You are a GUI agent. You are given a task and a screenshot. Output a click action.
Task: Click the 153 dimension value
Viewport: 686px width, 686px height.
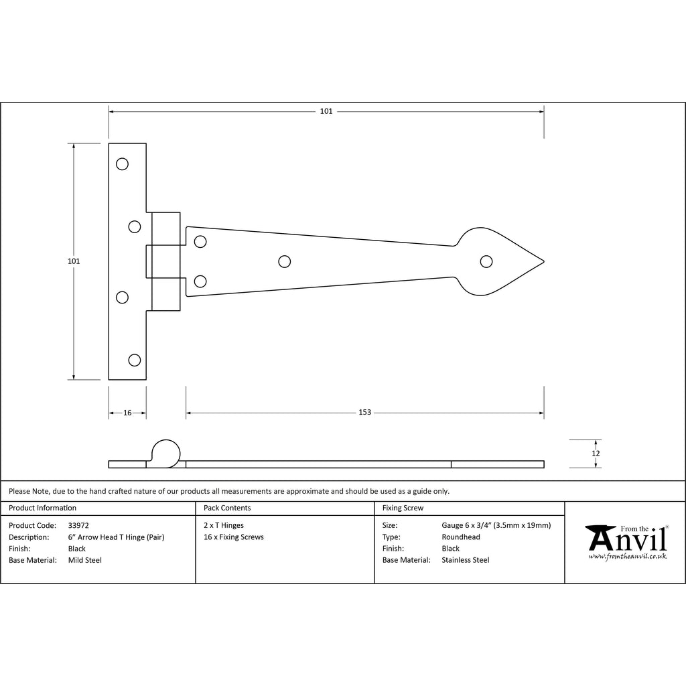[364, 412]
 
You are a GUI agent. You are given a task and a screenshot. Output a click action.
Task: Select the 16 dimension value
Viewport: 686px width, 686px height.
[127, 413]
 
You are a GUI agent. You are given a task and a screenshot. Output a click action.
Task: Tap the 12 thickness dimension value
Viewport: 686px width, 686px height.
[596, 454]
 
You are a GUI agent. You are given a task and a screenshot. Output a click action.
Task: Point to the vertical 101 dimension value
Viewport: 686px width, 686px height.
[74, 261]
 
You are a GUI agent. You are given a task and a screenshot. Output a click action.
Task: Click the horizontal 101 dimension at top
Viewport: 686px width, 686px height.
[326, 111]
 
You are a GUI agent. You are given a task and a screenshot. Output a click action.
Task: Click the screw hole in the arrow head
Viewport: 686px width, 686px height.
[486, 262]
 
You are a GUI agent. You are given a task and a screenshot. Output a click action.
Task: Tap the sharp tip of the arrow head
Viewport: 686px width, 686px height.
[544, 262]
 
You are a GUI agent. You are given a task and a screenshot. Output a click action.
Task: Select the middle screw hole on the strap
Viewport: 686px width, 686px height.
[284, 262]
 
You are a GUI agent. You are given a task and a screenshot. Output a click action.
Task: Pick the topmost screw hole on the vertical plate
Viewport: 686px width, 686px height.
[122, 164]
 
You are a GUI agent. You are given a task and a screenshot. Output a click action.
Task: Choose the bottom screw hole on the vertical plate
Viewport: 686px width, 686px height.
[134, 360]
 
